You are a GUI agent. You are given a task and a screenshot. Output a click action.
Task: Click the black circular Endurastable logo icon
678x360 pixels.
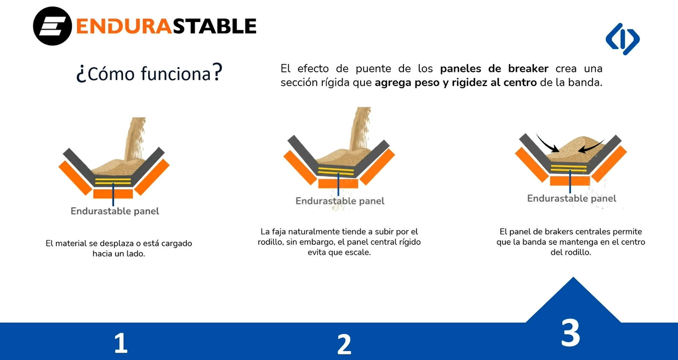(x=53, y=26)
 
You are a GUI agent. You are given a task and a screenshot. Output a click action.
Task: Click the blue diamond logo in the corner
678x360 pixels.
(x=623, y=39)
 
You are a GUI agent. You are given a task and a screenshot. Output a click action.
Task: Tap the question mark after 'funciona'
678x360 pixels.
(x=218, y=72)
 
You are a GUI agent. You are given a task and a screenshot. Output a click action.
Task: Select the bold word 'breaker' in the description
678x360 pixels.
(x=528, y=68)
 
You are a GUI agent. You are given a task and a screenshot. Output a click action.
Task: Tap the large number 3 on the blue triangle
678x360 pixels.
(x=571, y=333)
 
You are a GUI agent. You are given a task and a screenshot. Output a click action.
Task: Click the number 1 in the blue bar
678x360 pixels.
(x=121, y=343)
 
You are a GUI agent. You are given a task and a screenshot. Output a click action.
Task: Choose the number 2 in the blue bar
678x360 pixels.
(x=344, y=344)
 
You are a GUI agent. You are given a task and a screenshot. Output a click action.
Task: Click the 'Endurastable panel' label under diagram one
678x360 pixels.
(x=115, y=211)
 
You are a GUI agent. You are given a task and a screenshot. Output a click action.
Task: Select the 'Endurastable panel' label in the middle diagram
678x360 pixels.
(x=340, y=201)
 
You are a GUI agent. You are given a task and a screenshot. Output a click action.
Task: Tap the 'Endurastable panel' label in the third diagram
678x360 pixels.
(x=572, y=198)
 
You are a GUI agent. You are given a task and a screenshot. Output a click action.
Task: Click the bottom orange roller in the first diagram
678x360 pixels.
(x=113, y=193)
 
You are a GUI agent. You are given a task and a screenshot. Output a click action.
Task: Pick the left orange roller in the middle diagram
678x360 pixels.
(x=300, y=168)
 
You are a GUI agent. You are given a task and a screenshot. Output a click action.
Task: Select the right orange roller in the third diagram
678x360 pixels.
(x=609, y=164)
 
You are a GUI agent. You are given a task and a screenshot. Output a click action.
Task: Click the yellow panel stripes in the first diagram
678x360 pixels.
(x=113, y=181)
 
